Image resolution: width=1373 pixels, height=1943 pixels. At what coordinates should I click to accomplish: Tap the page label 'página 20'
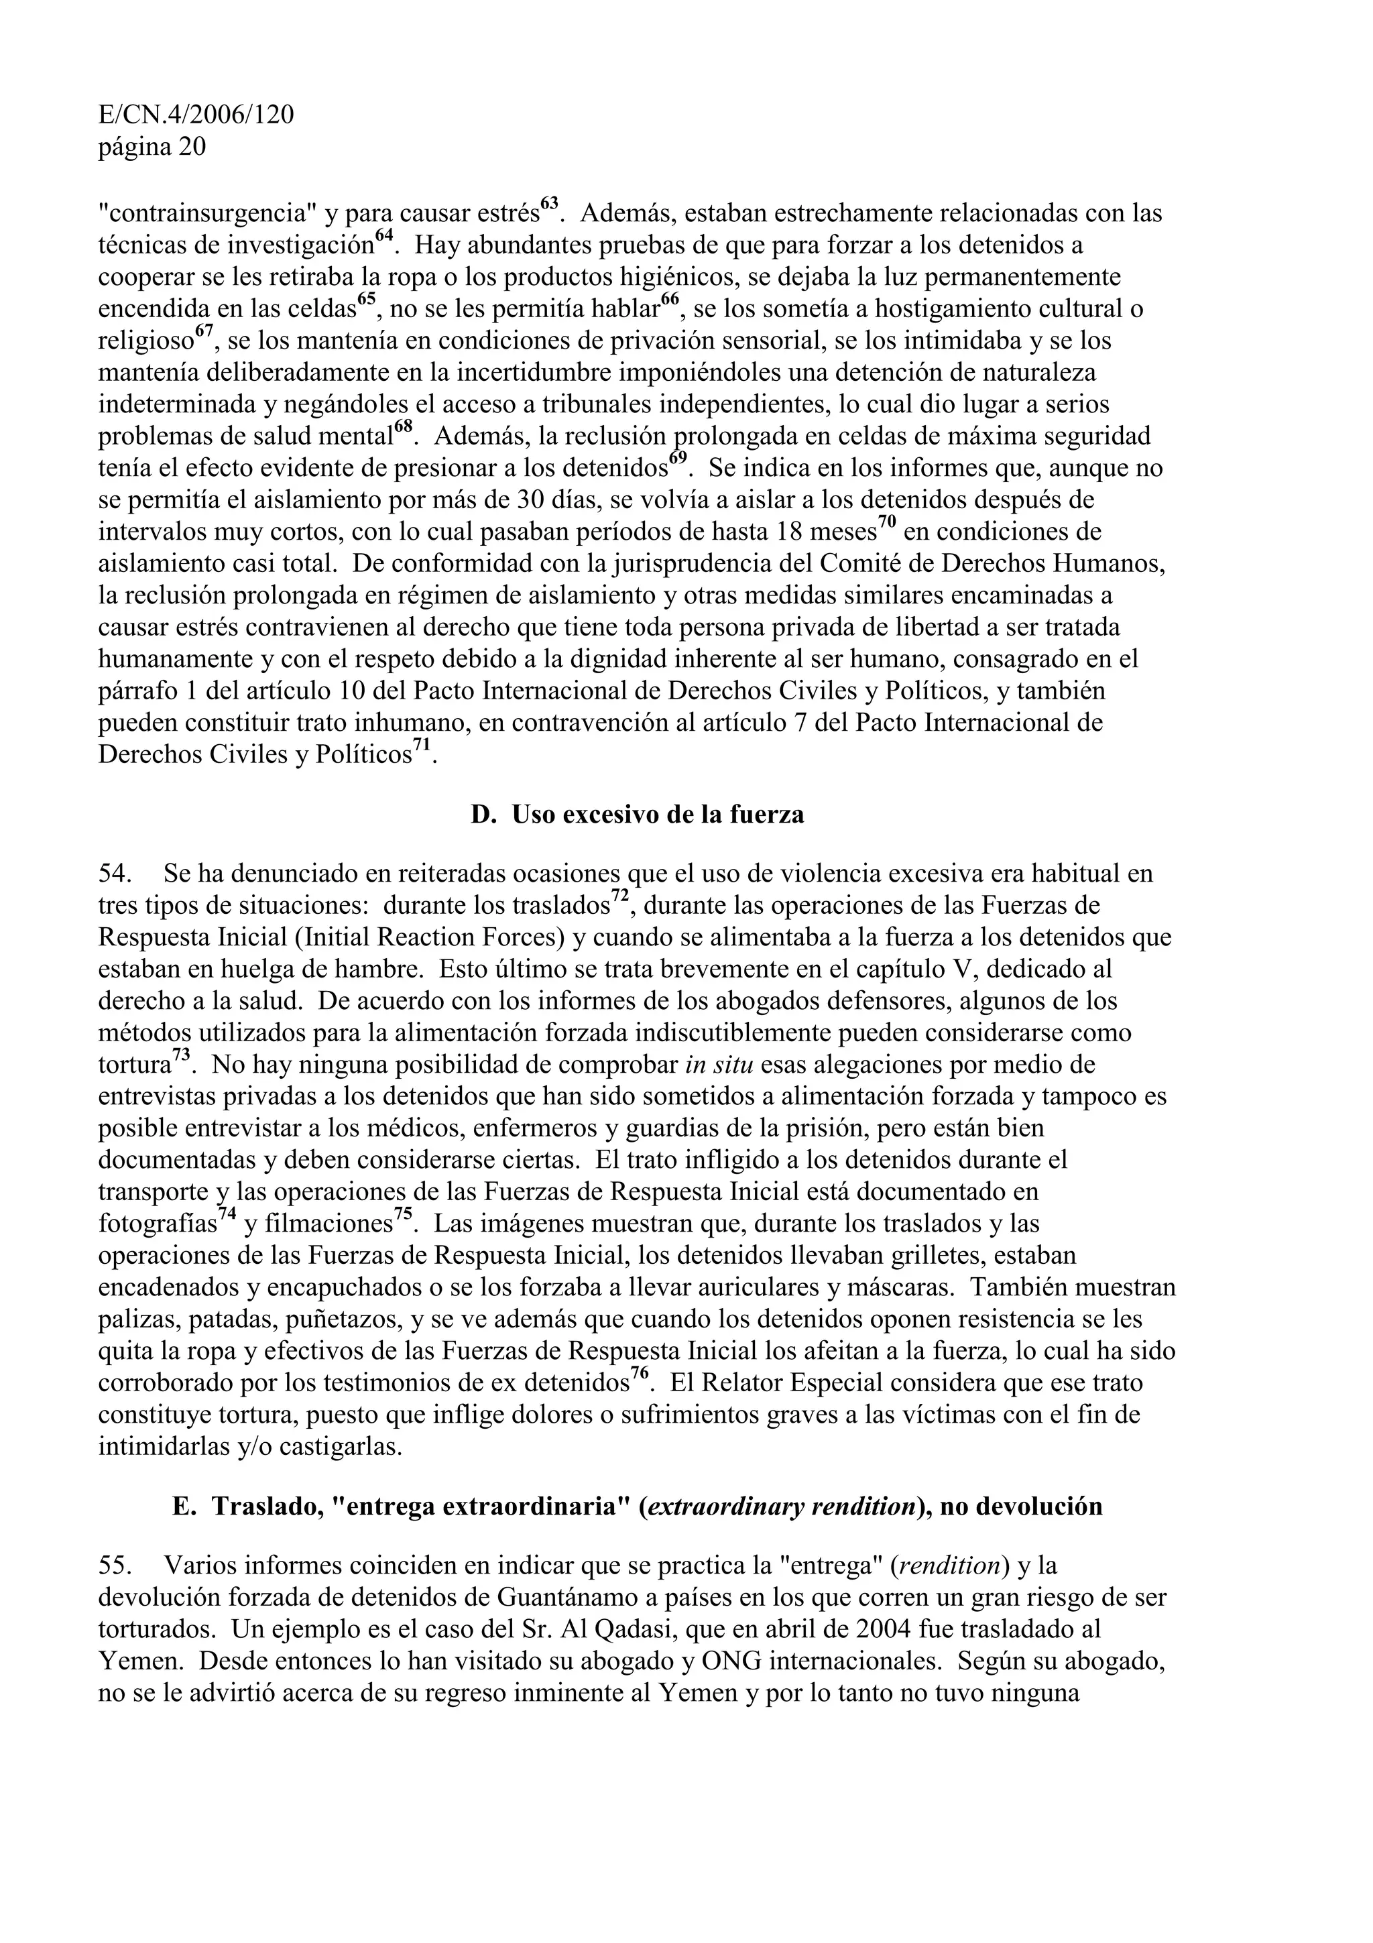152,148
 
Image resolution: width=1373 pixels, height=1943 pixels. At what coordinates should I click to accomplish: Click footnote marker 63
549,204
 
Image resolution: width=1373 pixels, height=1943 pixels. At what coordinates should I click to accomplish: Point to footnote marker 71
421,746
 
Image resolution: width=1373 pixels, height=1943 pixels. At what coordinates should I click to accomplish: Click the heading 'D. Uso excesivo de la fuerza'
637,814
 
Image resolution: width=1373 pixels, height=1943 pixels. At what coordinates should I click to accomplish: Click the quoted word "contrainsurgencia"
207,213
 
